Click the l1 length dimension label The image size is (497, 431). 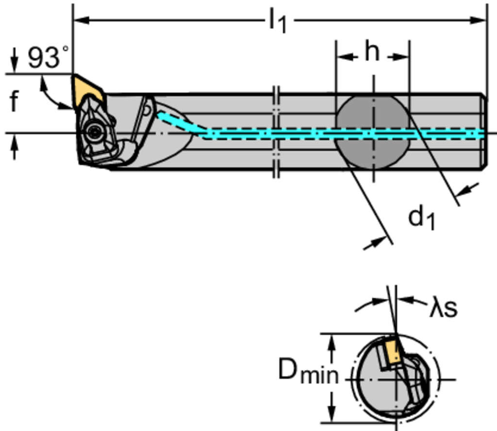[278, 21]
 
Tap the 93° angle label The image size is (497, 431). [48, 58]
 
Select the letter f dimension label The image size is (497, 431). [14, 102]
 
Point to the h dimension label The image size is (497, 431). [372, 52]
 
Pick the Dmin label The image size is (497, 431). [307, 372]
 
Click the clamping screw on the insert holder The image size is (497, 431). [93, 130]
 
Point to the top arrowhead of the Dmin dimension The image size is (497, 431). [332, 341]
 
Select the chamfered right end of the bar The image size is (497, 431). [484, 131]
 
